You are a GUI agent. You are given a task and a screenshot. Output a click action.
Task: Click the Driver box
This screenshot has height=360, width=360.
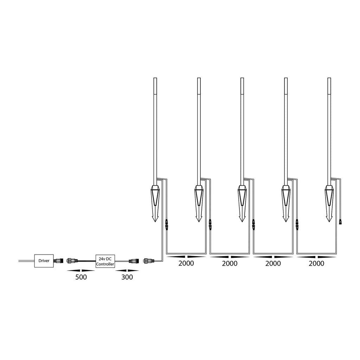(44, 261)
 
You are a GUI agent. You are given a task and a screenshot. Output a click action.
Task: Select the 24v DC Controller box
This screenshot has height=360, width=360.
(105, 261)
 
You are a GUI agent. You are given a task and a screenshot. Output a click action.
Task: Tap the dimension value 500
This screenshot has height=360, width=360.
(81, 277)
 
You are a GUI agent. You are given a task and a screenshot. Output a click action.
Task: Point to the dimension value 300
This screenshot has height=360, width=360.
(127, 277)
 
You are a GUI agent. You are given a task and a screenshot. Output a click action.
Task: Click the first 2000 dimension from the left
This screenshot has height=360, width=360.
(186, 263)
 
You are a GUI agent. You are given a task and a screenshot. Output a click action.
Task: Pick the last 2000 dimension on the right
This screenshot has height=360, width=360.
(316, 263)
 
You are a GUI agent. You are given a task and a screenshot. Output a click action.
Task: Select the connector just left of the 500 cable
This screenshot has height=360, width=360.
(72, 261)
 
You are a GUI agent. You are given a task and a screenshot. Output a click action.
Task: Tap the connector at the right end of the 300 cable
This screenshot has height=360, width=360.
(134, 261)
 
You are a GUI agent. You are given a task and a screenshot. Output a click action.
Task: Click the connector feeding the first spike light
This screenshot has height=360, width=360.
(149, 261)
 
